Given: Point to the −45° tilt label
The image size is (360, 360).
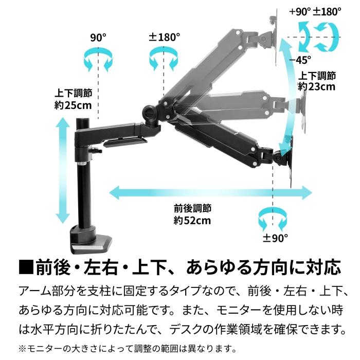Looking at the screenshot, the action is [x=300, y=60].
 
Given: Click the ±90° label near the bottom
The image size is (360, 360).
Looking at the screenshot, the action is [x=275, y=238].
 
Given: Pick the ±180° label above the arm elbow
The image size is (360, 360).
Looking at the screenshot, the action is [x=164, y=37].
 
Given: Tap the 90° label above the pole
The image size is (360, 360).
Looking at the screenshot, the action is [x=98, y=38].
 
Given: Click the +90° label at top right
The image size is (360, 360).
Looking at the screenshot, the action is [x=300, y=11].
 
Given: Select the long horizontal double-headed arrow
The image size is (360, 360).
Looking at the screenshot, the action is [x=210, y=193].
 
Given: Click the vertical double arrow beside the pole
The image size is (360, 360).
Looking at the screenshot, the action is [x=63, y=170].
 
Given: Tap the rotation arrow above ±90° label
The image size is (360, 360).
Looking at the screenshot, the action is [x=273, y=219].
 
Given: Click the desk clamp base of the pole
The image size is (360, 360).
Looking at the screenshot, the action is [x=90, y=240].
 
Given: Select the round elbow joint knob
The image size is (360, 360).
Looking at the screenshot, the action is [x=150, y=113].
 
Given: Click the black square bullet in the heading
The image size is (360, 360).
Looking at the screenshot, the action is [x=26, y=267].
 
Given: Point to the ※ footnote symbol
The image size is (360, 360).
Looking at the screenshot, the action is [x=23, y=349].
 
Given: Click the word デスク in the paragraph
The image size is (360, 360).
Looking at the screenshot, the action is [x=186, y=330].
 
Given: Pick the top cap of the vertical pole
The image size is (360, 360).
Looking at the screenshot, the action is [x=83, y=120].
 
